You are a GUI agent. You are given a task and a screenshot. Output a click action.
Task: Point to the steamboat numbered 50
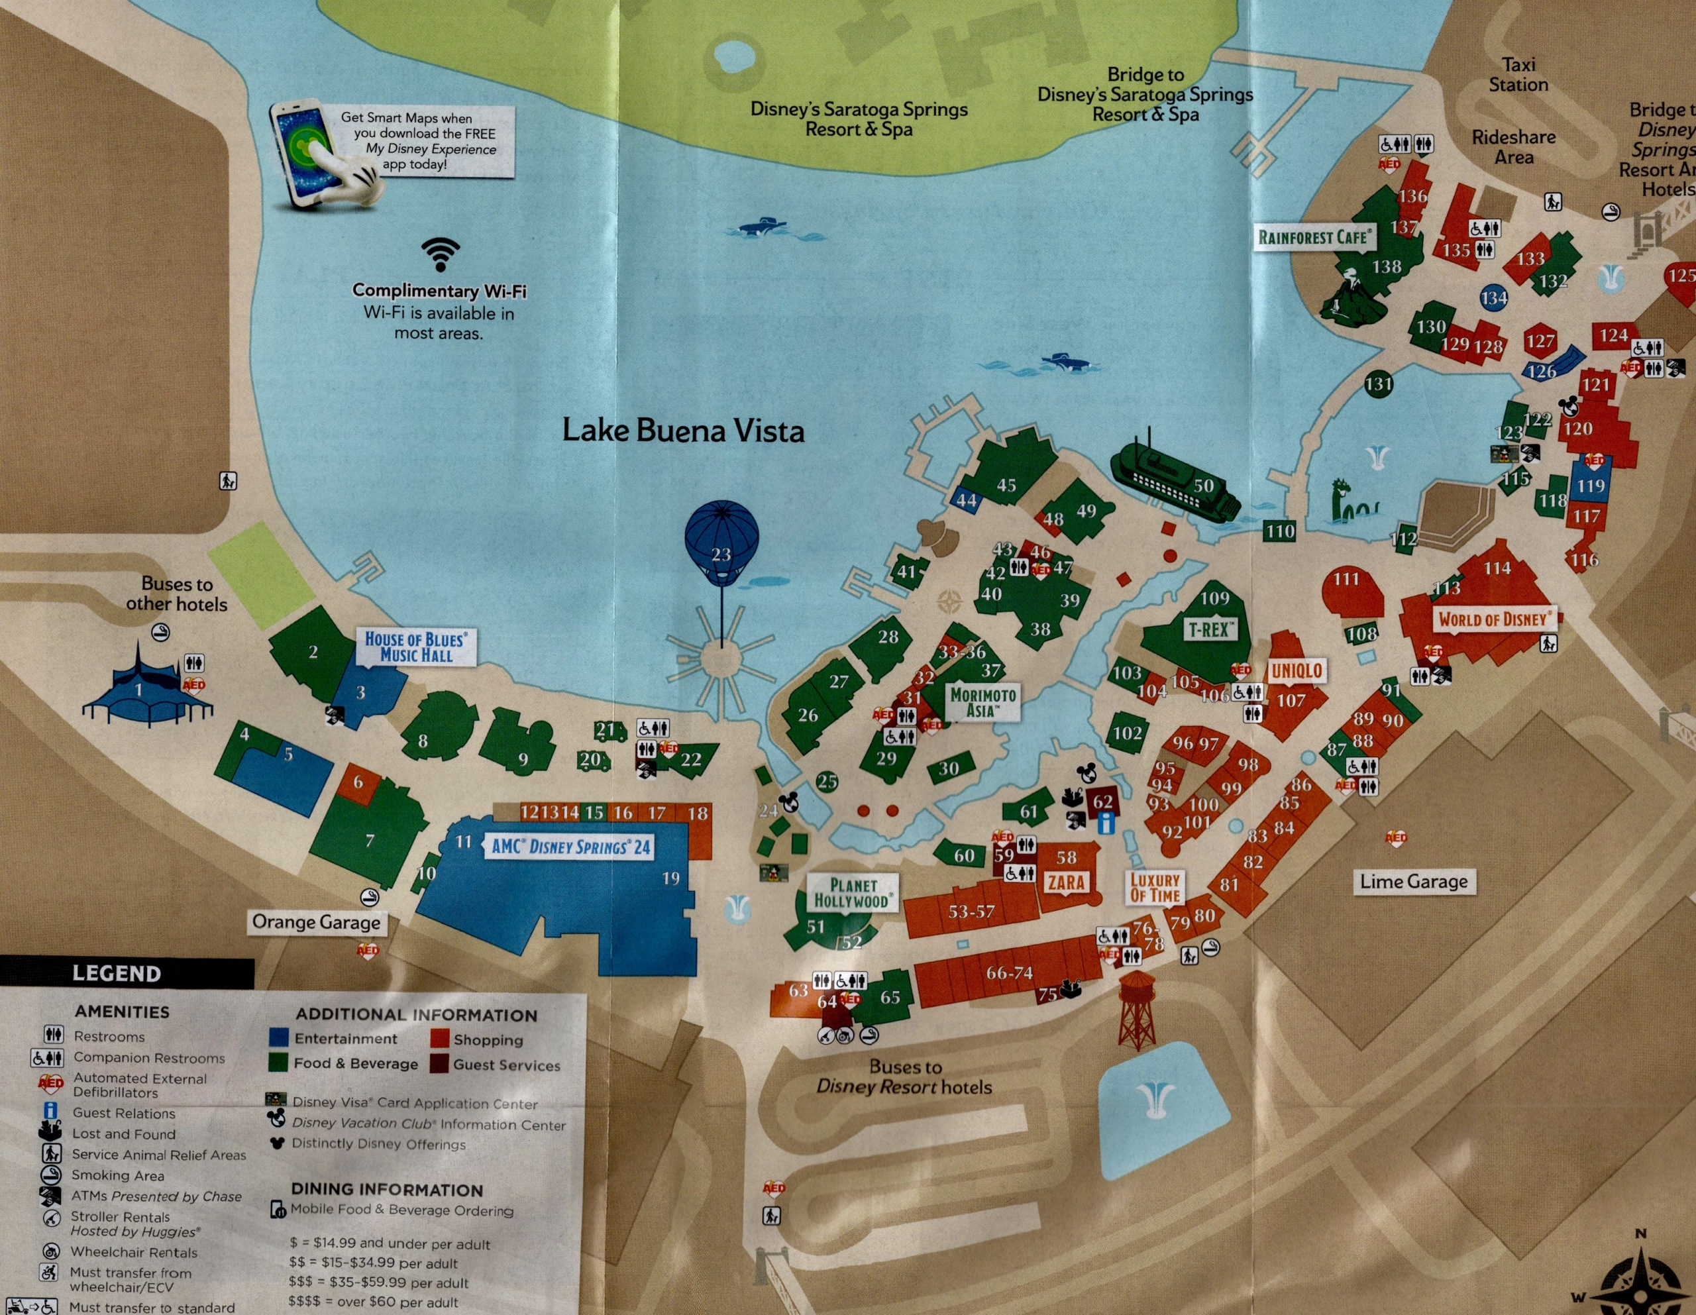click(1173, 486)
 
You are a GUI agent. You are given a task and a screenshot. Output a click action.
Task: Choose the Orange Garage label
click(316, 922)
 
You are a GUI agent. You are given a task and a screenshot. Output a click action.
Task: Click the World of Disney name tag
click(1493, 619)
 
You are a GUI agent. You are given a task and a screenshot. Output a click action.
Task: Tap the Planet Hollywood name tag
click(853, 893)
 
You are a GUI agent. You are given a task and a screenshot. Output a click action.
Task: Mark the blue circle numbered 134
click(1493, 298)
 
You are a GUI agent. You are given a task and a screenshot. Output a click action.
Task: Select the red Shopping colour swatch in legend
click(439, 1039)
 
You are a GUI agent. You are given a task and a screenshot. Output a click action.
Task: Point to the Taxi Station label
click(1518, 75)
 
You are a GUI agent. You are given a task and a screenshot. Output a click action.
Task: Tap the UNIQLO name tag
click(1296, 670)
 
